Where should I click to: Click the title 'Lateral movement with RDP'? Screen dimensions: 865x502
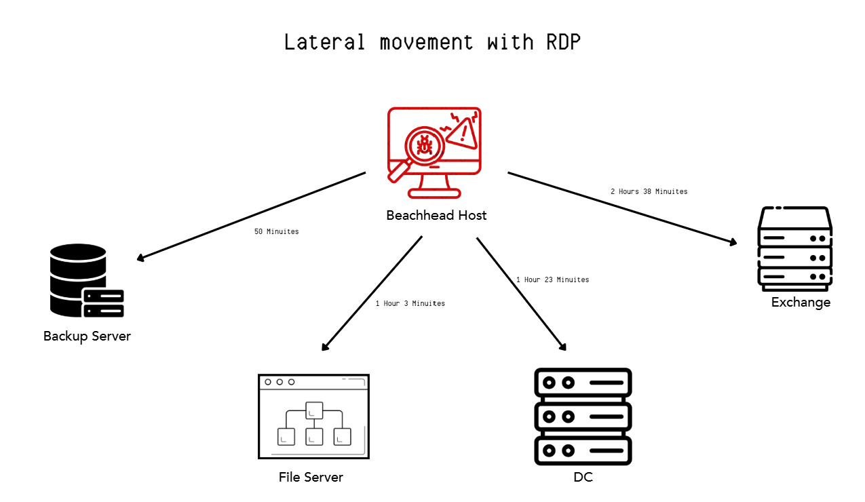tap(433, 42)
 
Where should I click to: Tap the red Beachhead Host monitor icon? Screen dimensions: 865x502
tap(434, 153)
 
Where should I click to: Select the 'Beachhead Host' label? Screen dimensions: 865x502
tap(436, 215)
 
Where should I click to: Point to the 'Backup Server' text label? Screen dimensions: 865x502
tap(87, 336)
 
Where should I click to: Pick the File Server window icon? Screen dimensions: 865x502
tap(313, 417)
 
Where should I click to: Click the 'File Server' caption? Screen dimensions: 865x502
tap(311, 477)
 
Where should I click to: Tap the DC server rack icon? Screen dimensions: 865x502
tap(583, 417)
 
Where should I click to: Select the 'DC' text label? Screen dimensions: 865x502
tap(583, 478)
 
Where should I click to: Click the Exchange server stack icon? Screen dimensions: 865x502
tap(794, 249)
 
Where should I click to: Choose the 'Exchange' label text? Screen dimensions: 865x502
tap(801, 302)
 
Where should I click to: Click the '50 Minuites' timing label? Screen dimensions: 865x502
tap(277, 232)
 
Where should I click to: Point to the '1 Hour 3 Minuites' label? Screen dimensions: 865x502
tap(410, 303)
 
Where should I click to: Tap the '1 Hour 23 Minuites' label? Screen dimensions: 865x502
tap(553, 279)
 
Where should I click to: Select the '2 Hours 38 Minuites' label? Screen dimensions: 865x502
tap(649, 191)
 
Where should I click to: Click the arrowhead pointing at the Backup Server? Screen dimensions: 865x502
tap(140, 258)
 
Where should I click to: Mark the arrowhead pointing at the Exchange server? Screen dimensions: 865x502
tap(733, 242)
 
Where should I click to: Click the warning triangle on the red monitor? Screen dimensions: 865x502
tap(463, 134)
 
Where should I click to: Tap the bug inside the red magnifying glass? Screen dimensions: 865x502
tap(425, 146)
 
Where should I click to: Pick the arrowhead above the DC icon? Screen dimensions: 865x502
tap(562, 347)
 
